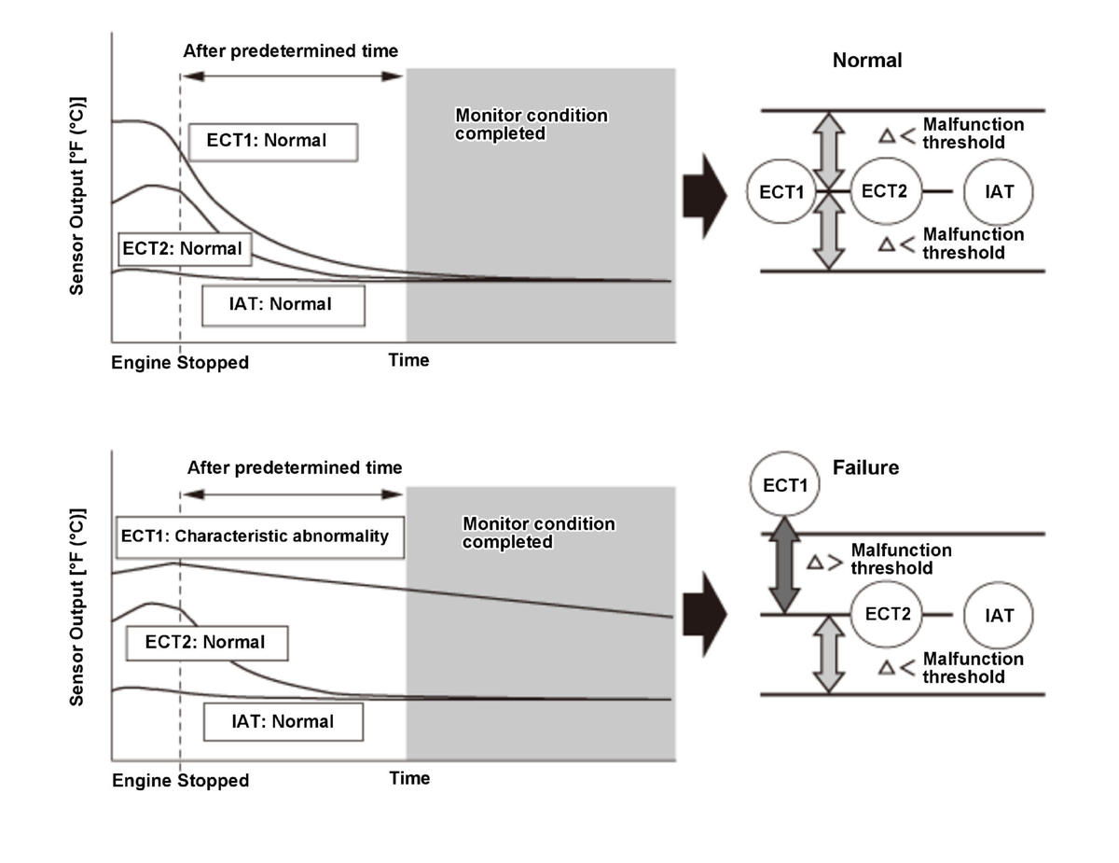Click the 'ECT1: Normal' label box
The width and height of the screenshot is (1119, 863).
(272, 142)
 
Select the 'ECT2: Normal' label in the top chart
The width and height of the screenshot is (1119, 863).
(182, 249)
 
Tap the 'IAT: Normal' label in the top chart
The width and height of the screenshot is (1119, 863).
(283, 304)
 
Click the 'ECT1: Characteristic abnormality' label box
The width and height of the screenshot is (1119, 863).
(259, 536)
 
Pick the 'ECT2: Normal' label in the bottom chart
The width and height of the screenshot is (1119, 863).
(205, 642)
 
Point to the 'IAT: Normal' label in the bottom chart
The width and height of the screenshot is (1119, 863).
(283, 721)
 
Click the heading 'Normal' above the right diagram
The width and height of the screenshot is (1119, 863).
(867, 61)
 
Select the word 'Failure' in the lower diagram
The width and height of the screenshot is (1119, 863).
(865, 467)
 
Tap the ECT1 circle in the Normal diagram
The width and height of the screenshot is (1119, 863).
(782, 191)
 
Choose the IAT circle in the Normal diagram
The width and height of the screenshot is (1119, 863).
(1000, 191)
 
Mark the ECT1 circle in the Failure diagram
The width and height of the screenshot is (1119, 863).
(785, 486)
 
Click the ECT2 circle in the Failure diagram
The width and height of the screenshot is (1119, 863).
(887, 614)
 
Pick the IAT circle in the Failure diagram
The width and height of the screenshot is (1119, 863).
(999, 616)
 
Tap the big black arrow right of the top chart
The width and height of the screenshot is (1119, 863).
(704, 197)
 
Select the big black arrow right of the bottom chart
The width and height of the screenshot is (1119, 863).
(704, 617)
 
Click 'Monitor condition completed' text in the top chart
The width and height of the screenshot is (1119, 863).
(531, 125)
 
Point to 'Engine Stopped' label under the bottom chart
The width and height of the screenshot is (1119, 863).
(180, 781)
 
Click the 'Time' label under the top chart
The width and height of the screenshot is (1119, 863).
(408, 360)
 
